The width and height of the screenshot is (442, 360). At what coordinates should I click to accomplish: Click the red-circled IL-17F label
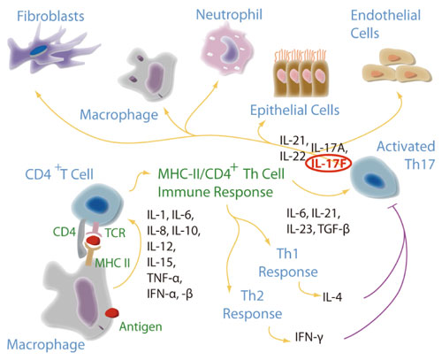[328, 164]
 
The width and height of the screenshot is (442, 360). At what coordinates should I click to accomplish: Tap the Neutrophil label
[229, 15]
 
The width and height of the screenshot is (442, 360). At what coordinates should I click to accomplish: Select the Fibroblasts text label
[50, 16]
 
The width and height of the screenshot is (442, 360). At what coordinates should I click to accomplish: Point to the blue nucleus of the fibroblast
[39, 50]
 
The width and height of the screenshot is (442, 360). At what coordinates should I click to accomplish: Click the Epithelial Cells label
[294, 111]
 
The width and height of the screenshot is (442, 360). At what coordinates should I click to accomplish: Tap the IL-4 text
[332, 297]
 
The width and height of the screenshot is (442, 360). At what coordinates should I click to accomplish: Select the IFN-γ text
[309, 337]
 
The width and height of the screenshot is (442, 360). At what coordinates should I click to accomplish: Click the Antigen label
[141, 327]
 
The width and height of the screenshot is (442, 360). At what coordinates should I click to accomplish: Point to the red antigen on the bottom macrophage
[112, 312]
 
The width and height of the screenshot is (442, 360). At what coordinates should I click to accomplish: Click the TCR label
[115, 234]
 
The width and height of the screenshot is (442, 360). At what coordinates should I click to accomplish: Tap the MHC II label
[112, 263]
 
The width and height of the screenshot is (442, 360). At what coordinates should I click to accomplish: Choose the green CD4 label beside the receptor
[65, 232]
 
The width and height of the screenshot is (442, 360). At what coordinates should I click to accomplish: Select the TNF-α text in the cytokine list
[164, 278]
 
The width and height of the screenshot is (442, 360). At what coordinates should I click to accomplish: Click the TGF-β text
[333, 229]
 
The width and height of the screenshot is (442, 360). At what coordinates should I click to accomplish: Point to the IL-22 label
[293, 157]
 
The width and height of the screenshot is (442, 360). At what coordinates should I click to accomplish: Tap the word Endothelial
[385, 16]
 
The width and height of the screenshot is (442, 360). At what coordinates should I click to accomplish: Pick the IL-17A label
[330, 149]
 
